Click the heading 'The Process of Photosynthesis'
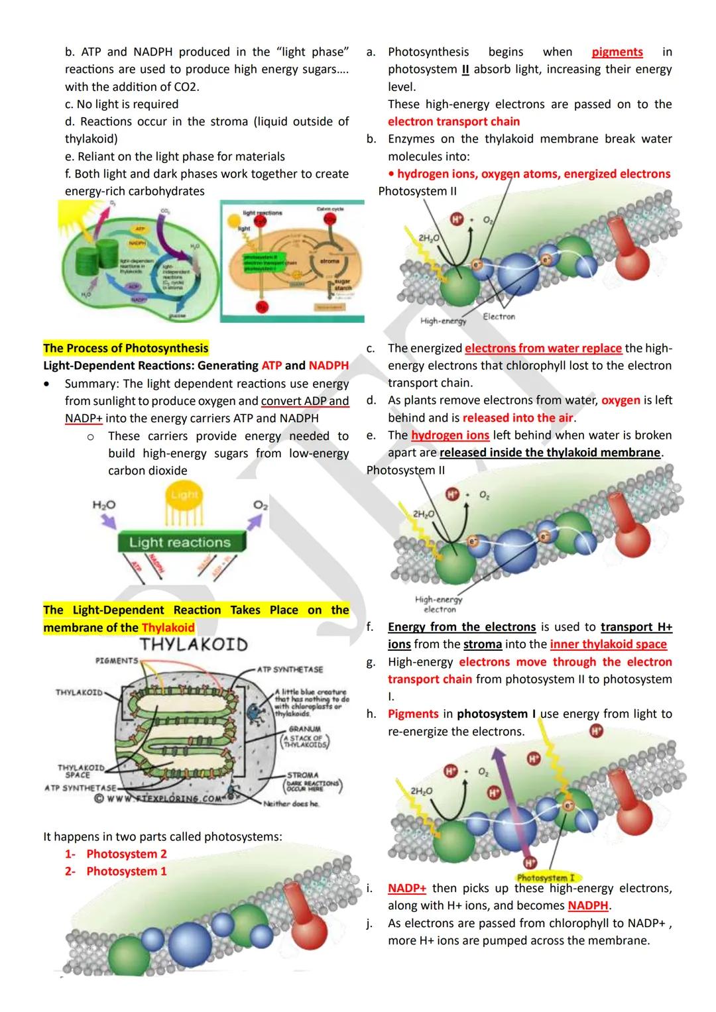[125, 348]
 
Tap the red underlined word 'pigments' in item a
[617, 52]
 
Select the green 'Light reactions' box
[180, 542]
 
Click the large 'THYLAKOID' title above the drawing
[194, 644]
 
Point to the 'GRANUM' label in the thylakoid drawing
[304, 728]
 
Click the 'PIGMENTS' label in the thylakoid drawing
[117, 661]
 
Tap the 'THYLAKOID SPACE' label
[81, 771]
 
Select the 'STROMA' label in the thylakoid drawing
[302, 775]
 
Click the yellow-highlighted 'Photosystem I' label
[545, 877]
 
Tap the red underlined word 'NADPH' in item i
[588, 905]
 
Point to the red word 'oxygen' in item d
[621, 400]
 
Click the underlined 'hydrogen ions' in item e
[449, 435]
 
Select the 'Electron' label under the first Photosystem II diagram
[499, 317]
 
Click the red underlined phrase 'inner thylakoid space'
[608, 644]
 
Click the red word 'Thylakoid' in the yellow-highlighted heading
[168, 628]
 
